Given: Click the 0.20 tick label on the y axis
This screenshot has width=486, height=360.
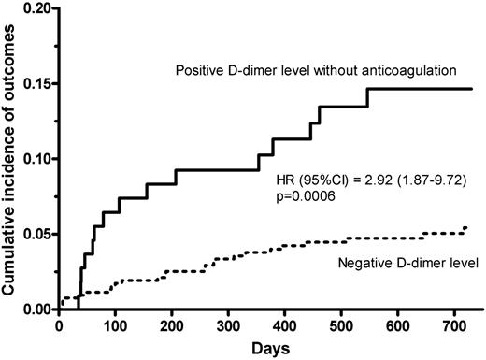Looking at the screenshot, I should [35, 8].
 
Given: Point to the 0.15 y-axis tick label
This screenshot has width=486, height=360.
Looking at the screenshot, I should [35, 83].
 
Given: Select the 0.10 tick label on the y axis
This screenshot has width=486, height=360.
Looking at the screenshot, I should [35, 159].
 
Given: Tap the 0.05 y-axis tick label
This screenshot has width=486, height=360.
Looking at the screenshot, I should [35, 234].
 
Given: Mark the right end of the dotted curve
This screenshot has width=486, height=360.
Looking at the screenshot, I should [465, 227].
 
